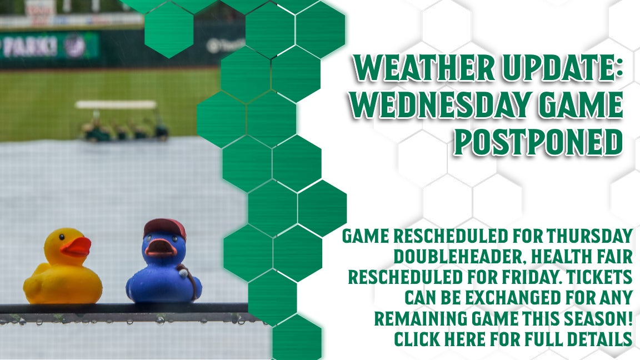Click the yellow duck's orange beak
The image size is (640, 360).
pyautogui.click(x=76, y=247)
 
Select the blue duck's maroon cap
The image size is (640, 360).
pyautogui.click(x=165, y=228)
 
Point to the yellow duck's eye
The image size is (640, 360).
pyautogui.click(x=61, y=236)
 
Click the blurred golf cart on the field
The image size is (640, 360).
pyautogui.click(x=122, y=121)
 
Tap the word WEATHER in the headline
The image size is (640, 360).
pyautogui.click(x=424, y=68)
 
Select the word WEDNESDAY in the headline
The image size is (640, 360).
pyautogui.click(x=441, y=106)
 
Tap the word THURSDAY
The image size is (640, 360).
pyautogui.click(x=590, y=236)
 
